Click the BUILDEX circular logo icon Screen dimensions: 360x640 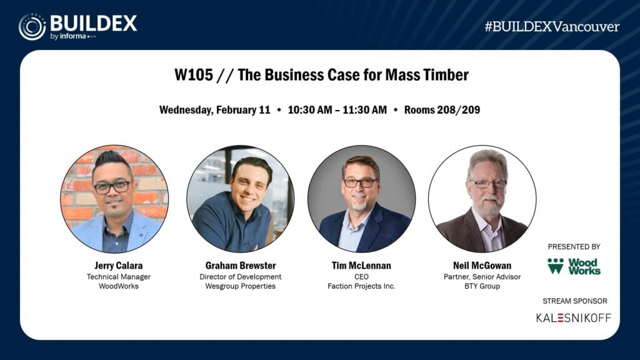(32, 27)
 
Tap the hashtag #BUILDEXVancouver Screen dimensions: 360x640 (552, 27)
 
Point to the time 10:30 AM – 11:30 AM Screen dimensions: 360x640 (337, 110)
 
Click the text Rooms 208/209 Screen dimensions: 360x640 (442, 110)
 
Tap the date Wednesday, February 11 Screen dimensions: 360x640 (214, 110)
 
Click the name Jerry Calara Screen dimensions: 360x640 (114, 266)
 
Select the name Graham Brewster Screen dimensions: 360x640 (241, 266)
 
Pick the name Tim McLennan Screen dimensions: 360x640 (361, 266)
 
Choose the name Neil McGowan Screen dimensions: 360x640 (482, 266)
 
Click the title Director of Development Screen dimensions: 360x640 (241, 277)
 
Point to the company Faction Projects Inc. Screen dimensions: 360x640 (361, 287)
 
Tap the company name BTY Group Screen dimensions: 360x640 (482, 287)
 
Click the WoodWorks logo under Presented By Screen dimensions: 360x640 (574, 266)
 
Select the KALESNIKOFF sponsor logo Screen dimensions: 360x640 (574, 317)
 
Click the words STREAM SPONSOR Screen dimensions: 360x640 (574, 301)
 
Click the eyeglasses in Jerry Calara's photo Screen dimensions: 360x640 (112, 186)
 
